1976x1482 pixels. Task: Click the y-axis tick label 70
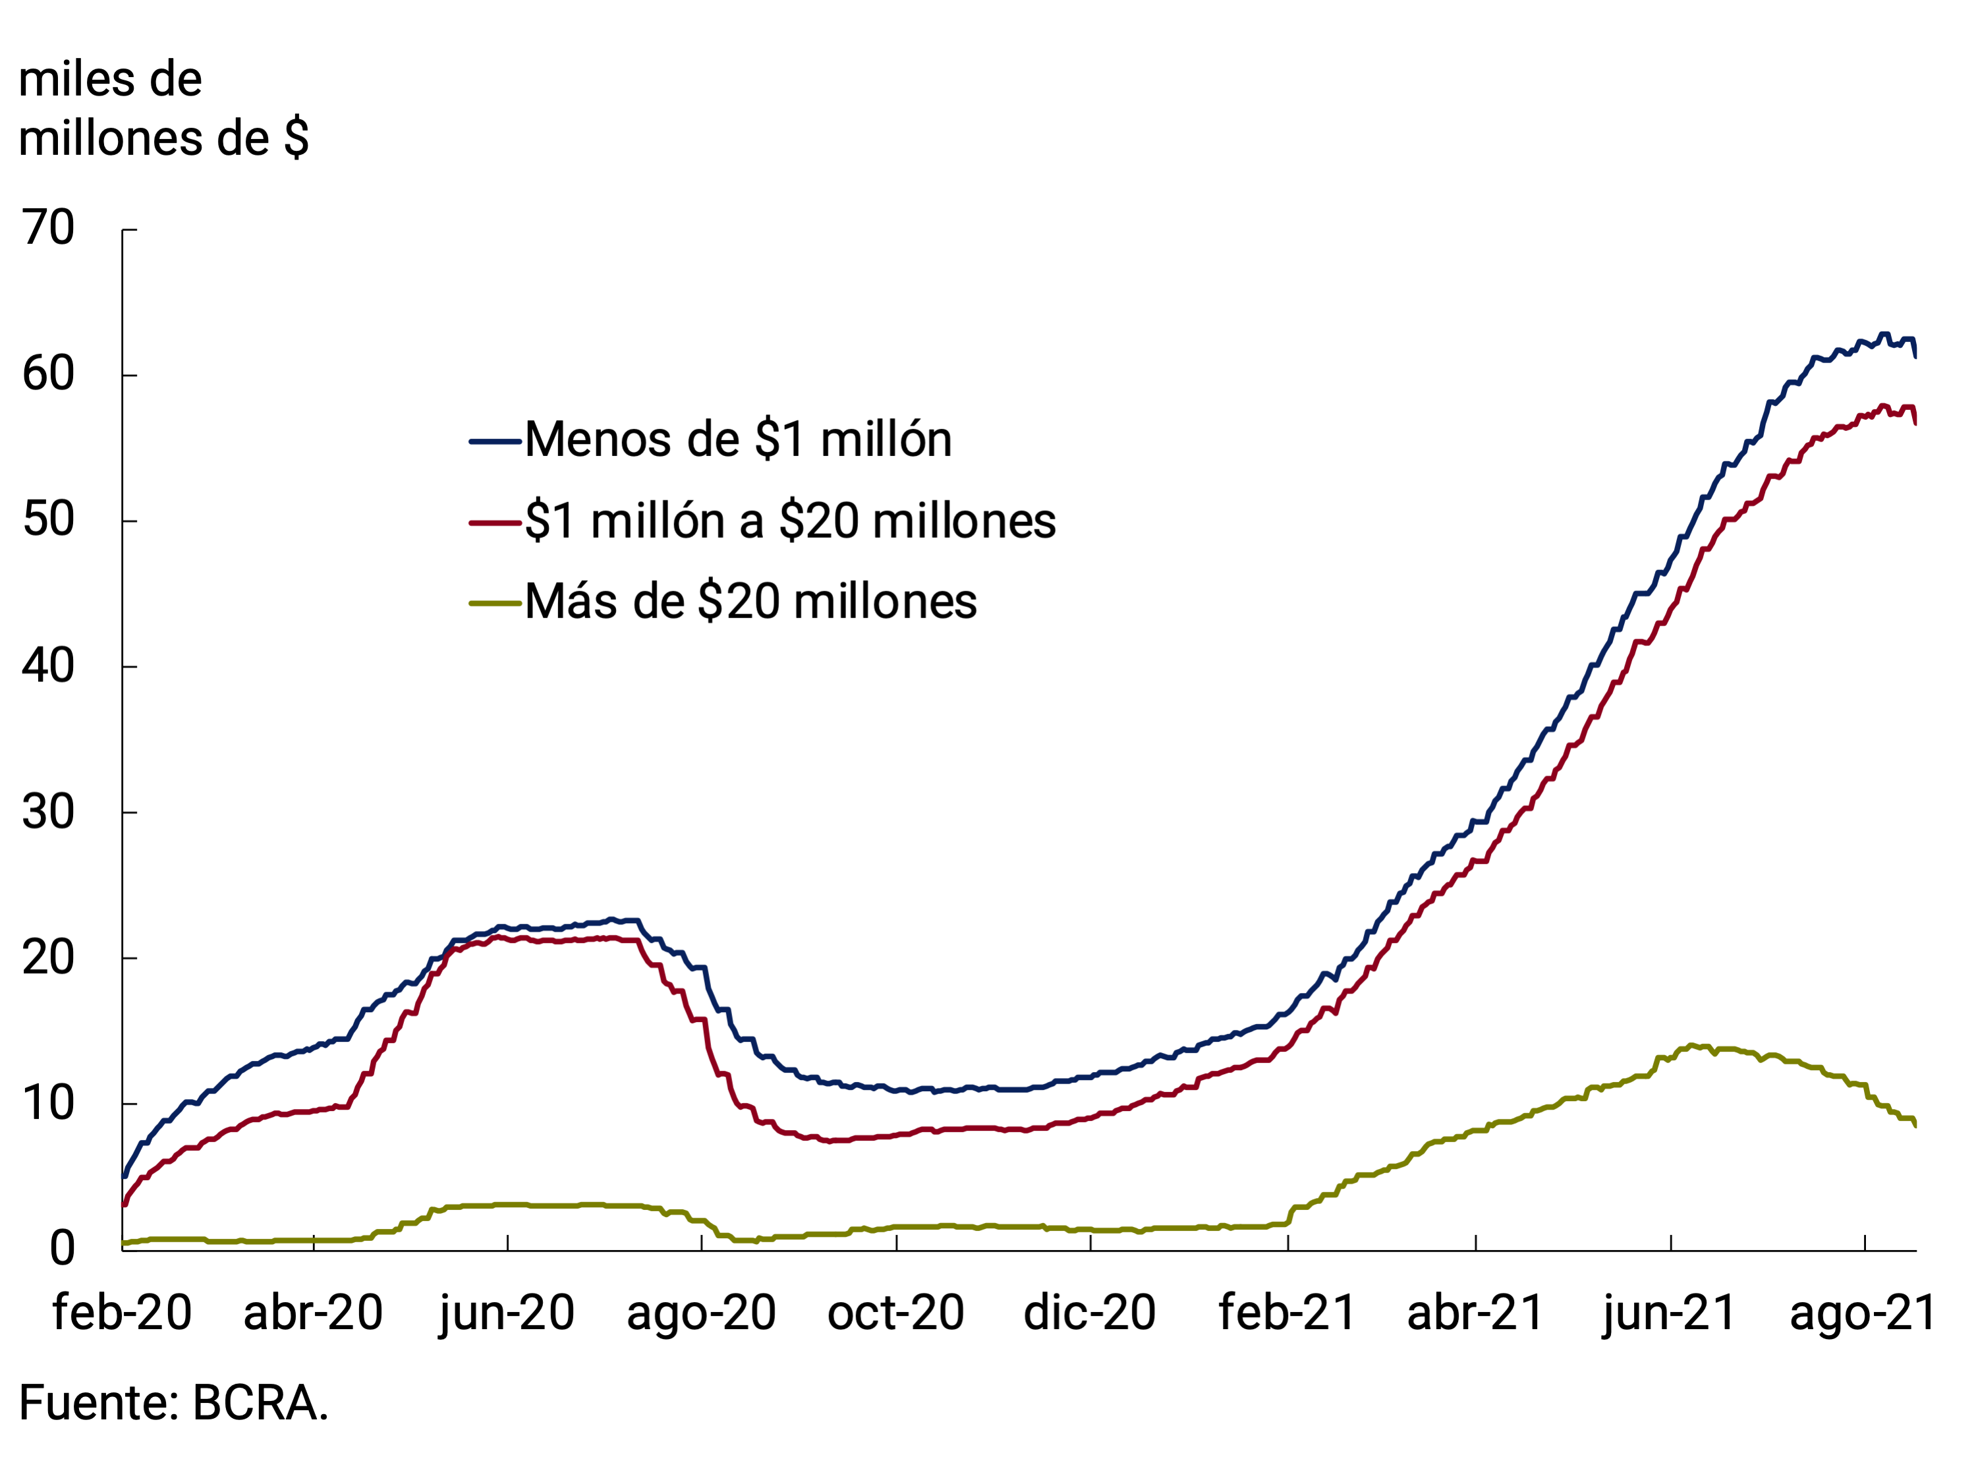[x=49, y=229]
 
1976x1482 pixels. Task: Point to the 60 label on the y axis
[x=49, y=374]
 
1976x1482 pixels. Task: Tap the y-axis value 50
[x=49, y=520]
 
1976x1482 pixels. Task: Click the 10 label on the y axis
[x=49, y=1104]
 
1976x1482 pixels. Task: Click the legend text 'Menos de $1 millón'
[x=738, y=440]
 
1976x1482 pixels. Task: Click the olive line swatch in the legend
[x=495, y=604]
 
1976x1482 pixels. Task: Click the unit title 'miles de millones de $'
[x=163, y=109]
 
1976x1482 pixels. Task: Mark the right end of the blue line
[x=1915, y=356]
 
